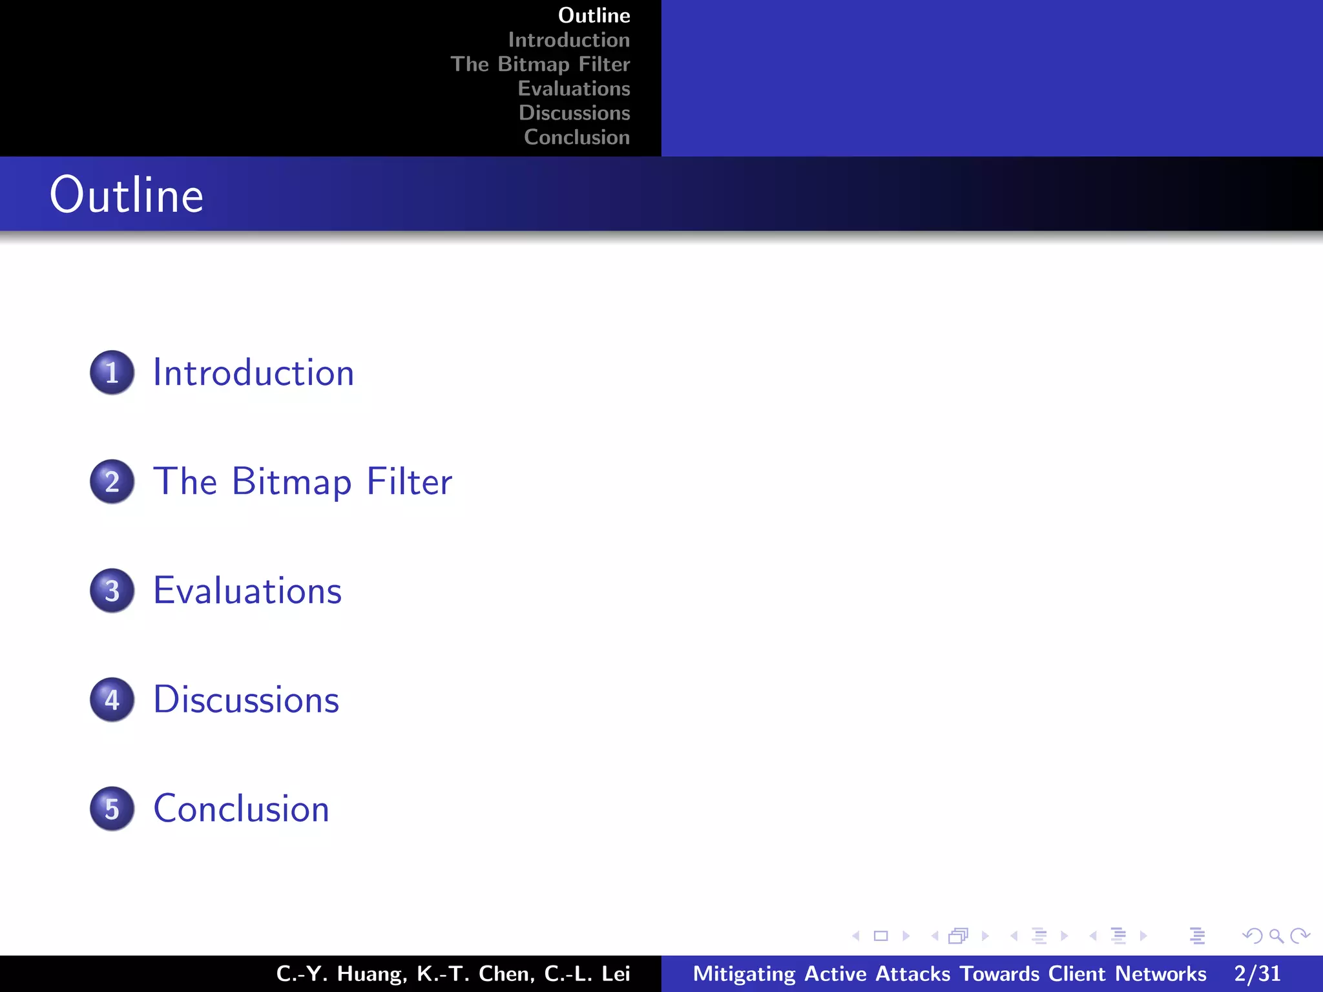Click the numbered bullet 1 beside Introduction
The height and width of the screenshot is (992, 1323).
(x=112, y=373)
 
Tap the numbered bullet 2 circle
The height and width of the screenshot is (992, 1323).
(x=112, y=482)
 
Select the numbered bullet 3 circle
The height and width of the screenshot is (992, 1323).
(x=112, y=591)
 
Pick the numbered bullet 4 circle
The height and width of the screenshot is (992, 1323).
(x=112, y=700)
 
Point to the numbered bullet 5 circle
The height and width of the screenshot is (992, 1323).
(x=112, y=809)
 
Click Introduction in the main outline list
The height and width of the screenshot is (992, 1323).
(x=253, y=373)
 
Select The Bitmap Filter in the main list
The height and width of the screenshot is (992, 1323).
(x=302, y=482)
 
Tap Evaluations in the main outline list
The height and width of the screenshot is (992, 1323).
(x=247, y=591)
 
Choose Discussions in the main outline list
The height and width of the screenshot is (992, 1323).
(x=246, y=700)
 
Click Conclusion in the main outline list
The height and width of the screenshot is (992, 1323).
(x=241, y=809)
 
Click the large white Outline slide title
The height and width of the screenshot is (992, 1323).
(x=127, y=194)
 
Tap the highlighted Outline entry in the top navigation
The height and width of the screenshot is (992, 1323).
(x=594, y=15)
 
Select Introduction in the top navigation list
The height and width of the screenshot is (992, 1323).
(x=568, y=40)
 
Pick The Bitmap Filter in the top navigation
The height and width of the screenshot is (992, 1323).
(x=540, y=64)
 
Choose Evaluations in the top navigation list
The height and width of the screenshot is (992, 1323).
(x=574, y=88)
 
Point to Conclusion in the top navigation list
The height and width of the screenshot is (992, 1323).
(x=576, y=137)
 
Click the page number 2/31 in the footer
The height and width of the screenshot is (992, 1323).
(x=1256, y=973)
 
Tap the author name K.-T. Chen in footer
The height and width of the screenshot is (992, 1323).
(x=475, y=973)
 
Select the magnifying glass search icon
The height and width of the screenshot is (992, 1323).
(x=1276, y=936)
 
